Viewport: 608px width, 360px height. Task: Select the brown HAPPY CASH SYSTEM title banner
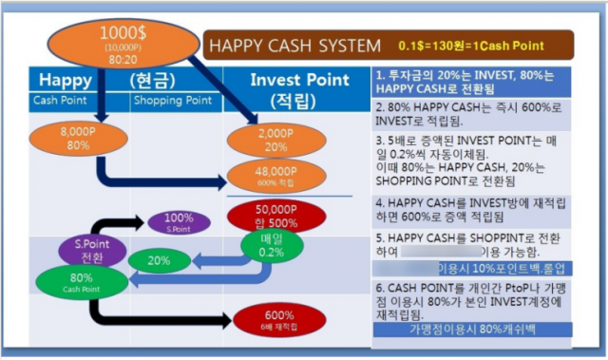(389, 45)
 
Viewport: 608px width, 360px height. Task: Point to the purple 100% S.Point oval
(180, 222)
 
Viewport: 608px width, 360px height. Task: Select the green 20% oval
(159, 259)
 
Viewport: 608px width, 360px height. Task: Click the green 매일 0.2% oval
(273, 246)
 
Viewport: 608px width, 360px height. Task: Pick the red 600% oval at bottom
(278, 319)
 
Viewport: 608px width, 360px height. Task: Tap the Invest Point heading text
(295, 79)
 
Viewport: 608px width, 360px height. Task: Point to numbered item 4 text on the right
(471, 209)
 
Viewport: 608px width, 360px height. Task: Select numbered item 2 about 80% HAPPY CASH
(471, 114)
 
